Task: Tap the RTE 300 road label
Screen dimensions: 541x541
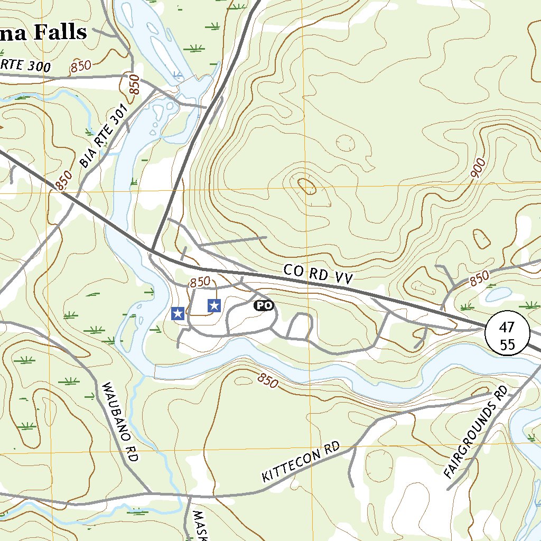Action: pos(25,66)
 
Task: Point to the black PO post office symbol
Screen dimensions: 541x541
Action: pos(264,305)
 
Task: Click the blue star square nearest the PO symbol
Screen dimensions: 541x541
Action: pos(214,305)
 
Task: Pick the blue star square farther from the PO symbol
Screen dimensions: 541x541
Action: pos(178,313)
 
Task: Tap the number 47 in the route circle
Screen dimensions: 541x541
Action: pos(508,327)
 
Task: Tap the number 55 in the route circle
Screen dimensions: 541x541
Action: pos(508,344)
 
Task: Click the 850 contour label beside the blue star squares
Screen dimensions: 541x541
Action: pos(200,282)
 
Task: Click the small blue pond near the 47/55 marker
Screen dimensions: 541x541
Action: pos(498,294)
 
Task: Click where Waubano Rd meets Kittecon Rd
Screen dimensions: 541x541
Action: pos(150,493)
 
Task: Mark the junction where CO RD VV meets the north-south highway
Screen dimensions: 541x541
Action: pos(152,250)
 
